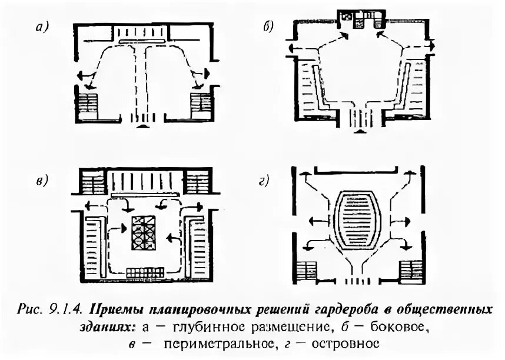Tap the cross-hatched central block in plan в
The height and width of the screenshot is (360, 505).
tap(142, 234)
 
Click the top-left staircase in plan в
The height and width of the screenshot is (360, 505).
tap(93, 181)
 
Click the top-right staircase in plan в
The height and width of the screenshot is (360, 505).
tap(198, 181)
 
